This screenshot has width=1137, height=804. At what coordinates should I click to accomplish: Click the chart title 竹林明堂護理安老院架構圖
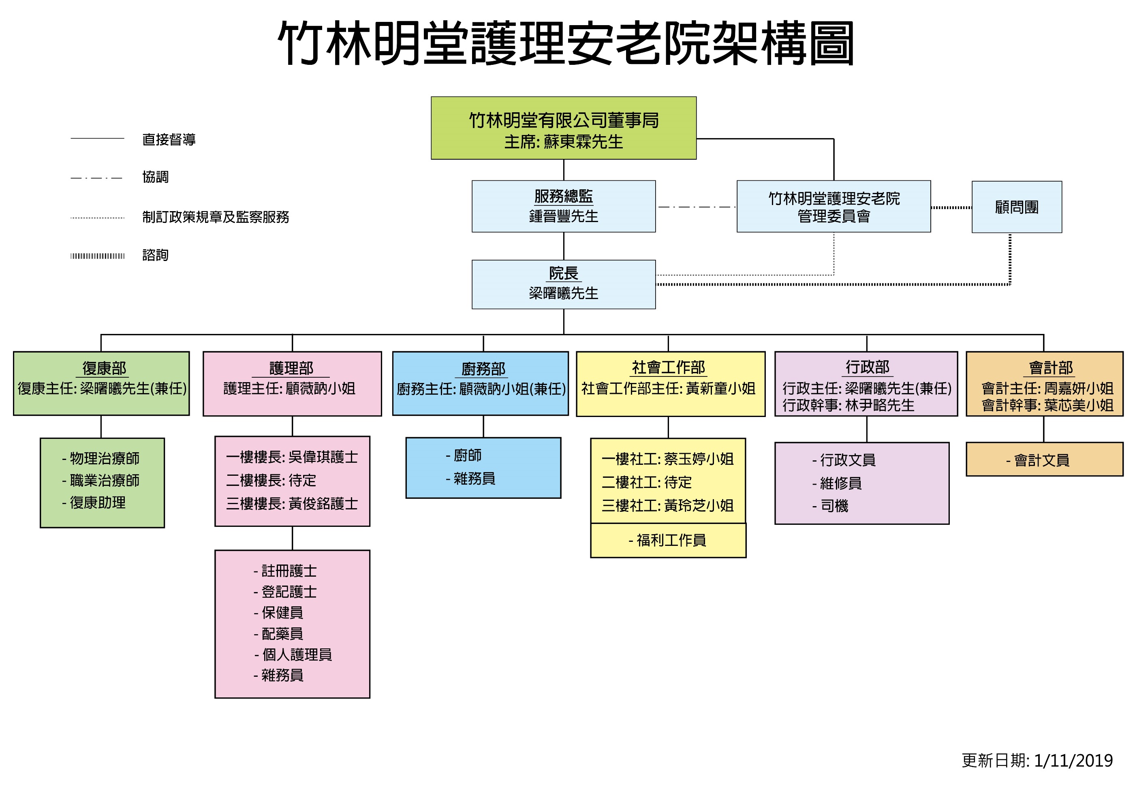[566, 44]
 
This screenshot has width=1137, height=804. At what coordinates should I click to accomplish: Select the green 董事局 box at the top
[564, 128]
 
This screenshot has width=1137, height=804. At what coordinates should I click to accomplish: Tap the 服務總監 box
[564, 206]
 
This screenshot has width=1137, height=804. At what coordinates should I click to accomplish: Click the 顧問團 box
[1017, 207]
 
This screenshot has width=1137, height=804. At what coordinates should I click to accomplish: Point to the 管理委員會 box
[834, 206]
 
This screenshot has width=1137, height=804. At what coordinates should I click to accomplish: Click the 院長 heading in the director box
[564, 273]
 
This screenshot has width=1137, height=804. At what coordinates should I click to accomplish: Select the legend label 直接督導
[169, 139]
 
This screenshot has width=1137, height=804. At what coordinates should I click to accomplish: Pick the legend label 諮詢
[156, 255]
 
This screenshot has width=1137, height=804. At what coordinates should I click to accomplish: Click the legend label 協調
[156, 177]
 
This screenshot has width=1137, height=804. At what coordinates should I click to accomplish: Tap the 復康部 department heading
[105, 368]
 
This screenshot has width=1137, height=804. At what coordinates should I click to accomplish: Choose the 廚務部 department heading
[483, 368]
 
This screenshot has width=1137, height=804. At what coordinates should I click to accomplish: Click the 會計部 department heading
[1051, 368]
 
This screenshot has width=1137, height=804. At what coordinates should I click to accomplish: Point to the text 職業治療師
[105, 480]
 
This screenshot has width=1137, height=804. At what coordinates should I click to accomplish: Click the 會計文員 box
[1044, 459]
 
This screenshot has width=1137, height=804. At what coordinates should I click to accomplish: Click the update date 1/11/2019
[1073, 760]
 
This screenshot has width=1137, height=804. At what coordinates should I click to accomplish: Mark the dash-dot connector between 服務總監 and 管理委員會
[696, 207]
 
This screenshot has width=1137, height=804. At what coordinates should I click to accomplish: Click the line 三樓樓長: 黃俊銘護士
[292, 504]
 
